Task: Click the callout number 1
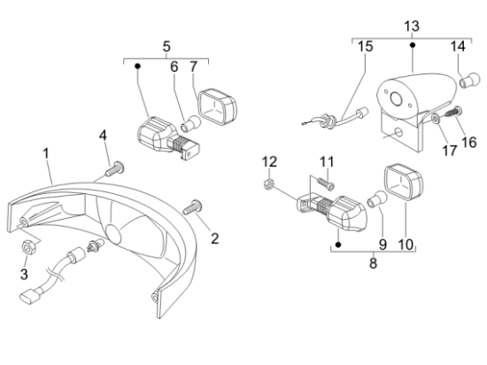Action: [46, 154]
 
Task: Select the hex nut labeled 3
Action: [29, 247]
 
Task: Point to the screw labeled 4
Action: [115, 168]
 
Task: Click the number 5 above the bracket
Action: [166, 47]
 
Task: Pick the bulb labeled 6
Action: [190, 123]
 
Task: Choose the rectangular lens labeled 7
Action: [218, 107]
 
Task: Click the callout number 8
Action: [373, 263]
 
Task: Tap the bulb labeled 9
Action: [377, 199]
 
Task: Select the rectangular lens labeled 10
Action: [404, 182]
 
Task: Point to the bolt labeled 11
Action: [326, 183]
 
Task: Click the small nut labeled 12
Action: [268, 184]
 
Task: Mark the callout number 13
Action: [412, 27]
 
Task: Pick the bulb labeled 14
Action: [469, 81]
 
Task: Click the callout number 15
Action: [365, 47]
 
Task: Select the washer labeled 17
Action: [436, 119]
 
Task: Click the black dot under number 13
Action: [413, 45]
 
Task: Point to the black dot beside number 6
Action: [137, 66]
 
